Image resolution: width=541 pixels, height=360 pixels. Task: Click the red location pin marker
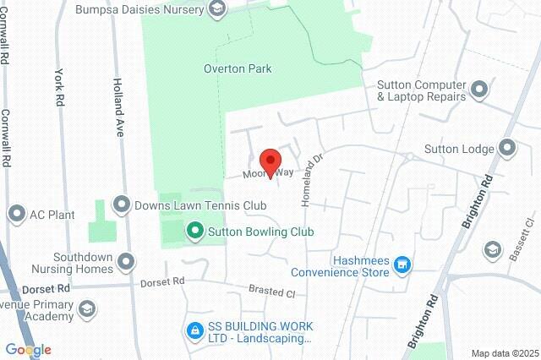click(270, 161)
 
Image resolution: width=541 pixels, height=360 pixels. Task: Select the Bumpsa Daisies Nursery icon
click(218, 10)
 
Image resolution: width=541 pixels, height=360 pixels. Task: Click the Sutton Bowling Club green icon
click(194, 231)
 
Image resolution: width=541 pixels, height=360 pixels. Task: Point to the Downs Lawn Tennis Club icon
click(123, 205)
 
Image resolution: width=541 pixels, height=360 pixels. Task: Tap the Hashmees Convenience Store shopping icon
click(403, 265)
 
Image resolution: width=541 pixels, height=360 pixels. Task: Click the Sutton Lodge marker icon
click(507, 150)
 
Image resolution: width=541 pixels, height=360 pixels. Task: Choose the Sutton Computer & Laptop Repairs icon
click(480, 90)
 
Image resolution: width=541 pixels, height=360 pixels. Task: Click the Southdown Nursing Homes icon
click(127, 261)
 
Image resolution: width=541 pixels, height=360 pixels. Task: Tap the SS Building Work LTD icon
click(194, 330)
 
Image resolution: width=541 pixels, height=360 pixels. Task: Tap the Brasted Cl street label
click(271, 291)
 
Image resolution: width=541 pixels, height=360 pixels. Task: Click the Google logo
click(28, 350)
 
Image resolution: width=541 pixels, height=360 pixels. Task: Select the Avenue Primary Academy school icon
click(85, 310)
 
